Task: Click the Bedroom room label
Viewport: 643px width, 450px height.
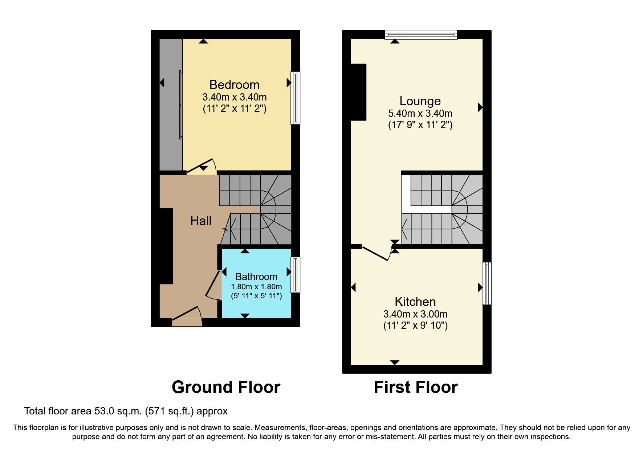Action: coord(234,85)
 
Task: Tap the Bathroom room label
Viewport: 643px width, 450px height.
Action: coord(256,277)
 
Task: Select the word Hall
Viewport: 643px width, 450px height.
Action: coord(201,221)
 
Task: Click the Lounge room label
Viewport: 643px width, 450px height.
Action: coord(420,101)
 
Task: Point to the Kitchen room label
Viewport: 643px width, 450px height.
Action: coord(415,302)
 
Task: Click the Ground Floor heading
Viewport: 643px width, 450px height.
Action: coord(226,387)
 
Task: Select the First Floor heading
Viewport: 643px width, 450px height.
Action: coord(415,387)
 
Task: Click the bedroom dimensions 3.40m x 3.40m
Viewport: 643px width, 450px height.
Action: coord(234,97)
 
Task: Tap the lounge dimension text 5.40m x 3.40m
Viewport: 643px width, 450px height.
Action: coord(420,113)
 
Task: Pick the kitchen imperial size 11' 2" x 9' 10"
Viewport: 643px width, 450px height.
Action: coord(415,326)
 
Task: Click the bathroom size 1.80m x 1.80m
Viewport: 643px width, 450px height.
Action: coord(256,287)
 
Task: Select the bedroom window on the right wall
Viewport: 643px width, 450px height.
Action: coord(296,98)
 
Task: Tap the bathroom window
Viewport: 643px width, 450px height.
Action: coord(296,275)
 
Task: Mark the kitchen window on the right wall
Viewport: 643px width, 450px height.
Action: coord(487,283)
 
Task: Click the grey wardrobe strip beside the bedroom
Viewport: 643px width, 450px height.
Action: coord(170,105)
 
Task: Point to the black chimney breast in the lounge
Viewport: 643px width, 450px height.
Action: coord(358,92)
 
